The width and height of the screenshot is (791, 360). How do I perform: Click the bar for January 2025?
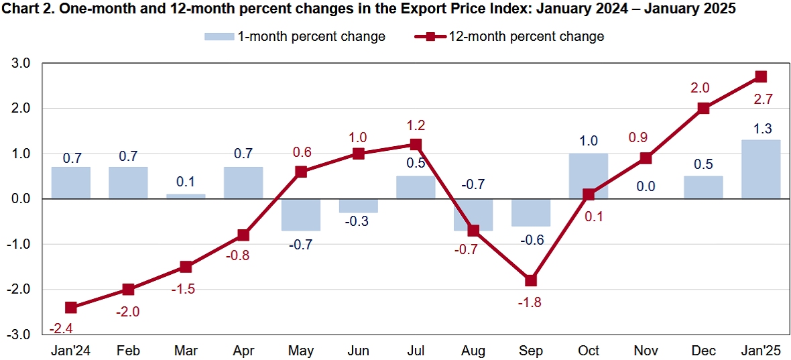tap(761, 169)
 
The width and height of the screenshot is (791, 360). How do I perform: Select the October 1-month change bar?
tap(589, 176)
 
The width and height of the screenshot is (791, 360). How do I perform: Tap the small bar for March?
tap(186, 196)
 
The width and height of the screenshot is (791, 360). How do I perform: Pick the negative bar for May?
tap(301, 215)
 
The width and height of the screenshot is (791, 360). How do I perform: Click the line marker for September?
tap(531, 280)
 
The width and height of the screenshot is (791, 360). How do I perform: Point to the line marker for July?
tap(416, 144)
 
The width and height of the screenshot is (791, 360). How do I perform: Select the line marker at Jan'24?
tap(70, 308)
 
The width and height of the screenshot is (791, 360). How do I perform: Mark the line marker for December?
tap(703, 108)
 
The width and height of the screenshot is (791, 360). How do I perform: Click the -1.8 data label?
tap(531, 302)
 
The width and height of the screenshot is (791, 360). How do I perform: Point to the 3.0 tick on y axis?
tap(22, 63)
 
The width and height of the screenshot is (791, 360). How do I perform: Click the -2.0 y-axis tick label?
tap(20, 290)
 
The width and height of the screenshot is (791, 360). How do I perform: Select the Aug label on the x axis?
tap(473, 351)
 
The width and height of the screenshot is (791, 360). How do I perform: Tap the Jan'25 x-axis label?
tap(761, 351)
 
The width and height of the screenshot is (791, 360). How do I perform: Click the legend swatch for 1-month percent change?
tap(219, 36)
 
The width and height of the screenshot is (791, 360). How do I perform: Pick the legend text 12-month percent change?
tap(527, 36)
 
